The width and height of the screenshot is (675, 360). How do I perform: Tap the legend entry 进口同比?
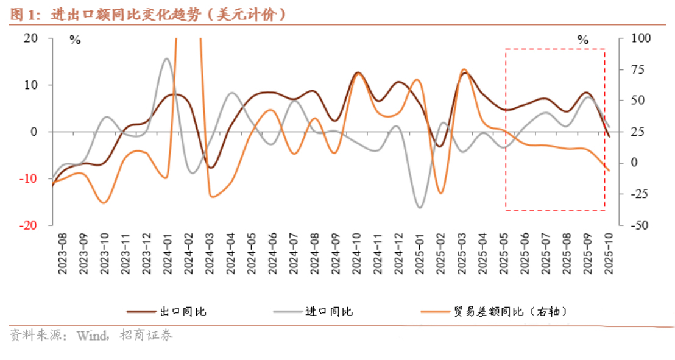330,312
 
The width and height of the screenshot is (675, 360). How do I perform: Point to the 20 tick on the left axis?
30,38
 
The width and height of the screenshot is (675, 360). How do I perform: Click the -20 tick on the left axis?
29,225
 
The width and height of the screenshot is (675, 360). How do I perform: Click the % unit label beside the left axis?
75,41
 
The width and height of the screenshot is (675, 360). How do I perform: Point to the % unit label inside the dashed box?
583,41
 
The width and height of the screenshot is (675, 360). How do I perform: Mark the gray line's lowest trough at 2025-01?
419,208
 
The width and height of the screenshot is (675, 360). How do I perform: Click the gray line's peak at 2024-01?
167,58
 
